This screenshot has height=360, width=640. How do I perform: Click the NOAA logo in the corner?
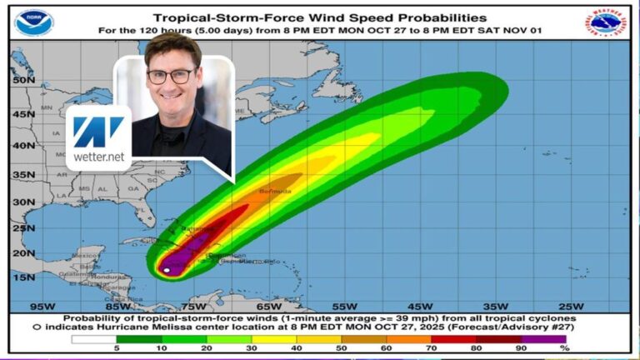click(x=34, y=22)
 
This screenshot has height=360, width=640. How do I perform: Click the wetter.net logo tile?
click(x=98, y=137)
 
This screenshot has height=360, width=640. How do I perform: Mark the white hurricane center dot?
click(x=167, y=270)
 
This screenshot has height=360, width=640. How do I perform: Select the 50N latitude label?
click(x=23, y=81)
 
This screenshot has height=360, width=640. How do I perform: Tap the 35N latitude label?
click(x=23, y=174)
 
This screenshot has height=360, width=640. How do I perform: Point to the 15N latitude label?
click(x=23, y=277)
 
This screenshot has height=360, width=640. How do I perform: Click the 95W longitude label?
click(x=42, y=306)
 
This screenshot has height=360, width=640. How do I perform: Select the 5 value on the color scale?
click(x=116, y=349)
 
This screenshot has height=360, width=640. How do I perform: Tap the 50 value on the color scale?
click(x=342, y=349)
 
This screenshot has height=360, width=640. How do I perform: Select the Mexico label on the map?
click(x=62, y=254)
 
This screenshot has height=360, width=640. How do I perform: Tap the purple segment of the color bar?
click(x=545, y=338)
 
